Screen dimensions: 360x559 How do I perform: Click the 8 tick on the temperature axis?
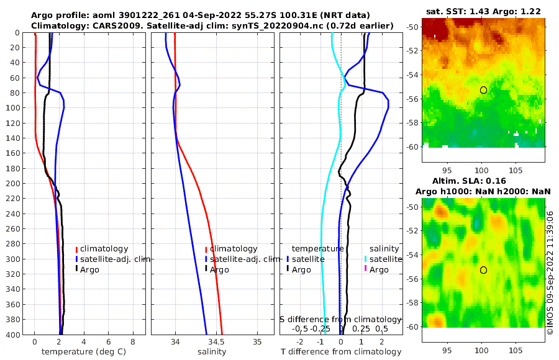132,342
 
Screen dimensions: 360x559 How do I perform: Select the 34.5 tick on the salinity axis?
216,342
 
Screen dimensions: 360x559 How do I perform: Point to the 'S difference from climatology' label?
341,319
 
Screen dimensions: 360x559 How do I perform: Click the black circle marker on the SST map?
483,90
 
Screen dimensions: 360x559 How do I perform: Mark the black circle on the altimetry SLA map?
483,270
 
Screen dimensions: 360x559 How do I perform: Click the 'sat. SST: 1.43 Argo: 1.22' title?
483,11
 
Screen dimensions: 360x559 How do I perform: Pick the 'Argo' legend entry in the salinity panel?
219,270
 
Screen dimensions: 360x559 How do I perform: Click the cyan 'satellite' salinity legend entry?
386,259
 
